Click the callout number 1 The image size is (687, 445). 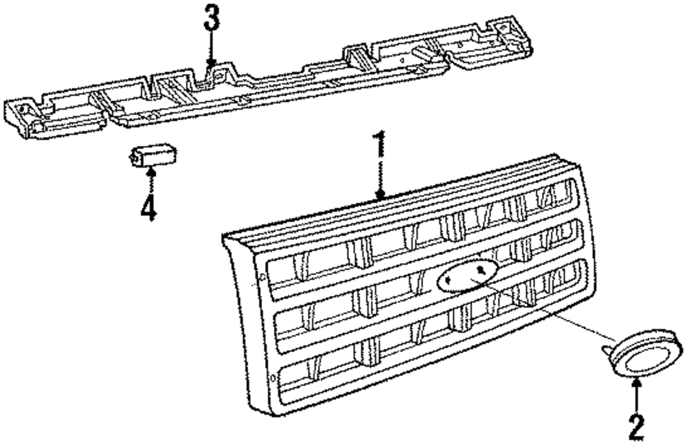(379, 146)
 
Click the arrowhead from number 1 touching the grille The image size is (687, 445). (380, 195)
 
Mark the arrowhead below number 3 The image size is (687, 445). (212, 63)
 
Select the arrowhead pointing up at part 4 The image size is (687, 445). (150, 171)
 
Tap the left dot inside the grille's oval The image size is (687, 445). (447, 280)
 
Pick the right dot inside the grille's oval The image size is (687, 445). (486, 270)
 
